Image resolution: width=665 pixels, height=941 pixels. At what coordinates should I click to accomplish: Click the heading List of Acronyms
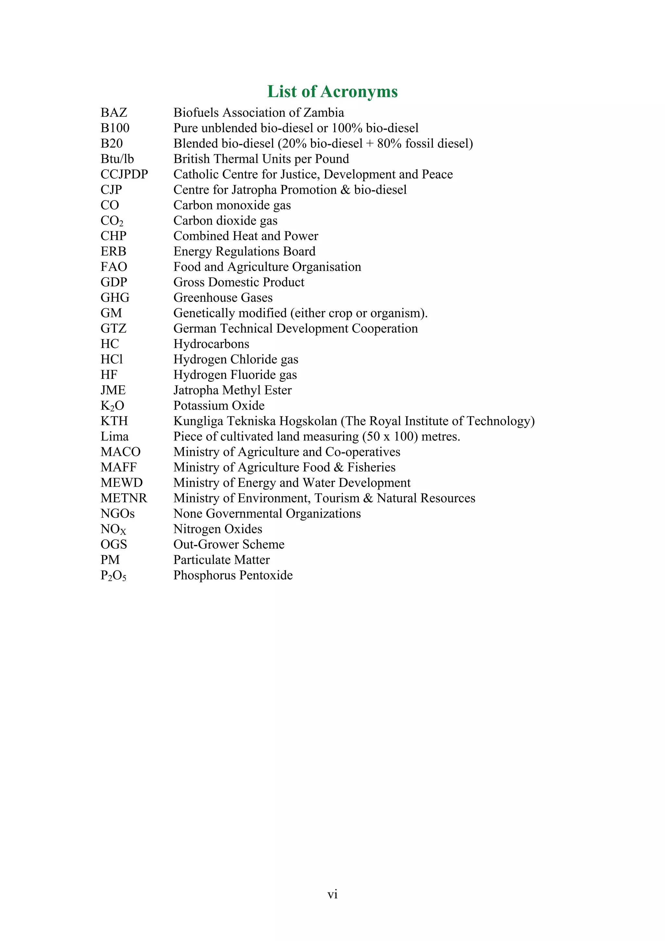coord(332,91)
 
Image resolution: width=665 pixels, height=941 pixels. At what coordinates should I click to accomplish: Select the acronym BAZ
coord(114,113)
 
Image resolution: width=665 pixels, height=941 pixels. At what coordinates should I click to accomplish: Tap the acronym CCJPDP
coord(124,174)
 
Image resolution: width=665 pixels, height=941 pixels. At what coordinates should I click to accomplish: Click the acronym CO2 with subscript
coord(112,221)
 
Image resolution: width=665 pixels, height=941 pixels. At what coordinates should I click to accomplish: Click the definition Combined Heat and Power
coord(245,236)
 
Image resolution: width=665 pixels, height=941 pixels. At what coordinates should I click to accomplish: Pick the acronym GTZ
coord(114,329)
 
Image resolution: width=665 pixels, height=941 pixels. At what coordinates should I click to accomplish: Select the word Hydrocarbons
coord(211,344)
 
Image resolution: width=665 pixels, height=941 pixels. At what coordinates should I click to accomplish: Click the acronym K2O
coord(112,406)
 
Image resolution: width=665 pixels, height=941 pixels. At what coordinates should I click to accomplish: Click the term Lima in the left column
coord(114,437)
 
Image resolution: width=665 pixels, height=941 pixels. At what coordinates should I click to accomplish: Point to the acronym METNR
coord(124,498)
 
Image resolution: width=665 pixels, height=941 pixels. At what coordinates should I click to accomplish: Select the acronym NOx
coord(113,529)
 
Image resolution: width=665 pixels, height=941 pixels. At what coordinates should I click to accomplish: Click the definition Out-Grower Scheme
coord(229,544)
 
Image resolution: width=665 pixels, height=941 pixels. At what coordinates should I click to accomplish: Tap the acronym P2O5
coord(114,576)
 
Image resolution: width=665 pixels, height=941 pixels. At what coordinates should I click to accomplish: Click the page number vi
coord(332,894)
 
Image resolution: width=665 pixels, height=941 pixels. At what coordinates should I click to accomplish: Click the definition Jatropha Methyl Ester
coord(232,390)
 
